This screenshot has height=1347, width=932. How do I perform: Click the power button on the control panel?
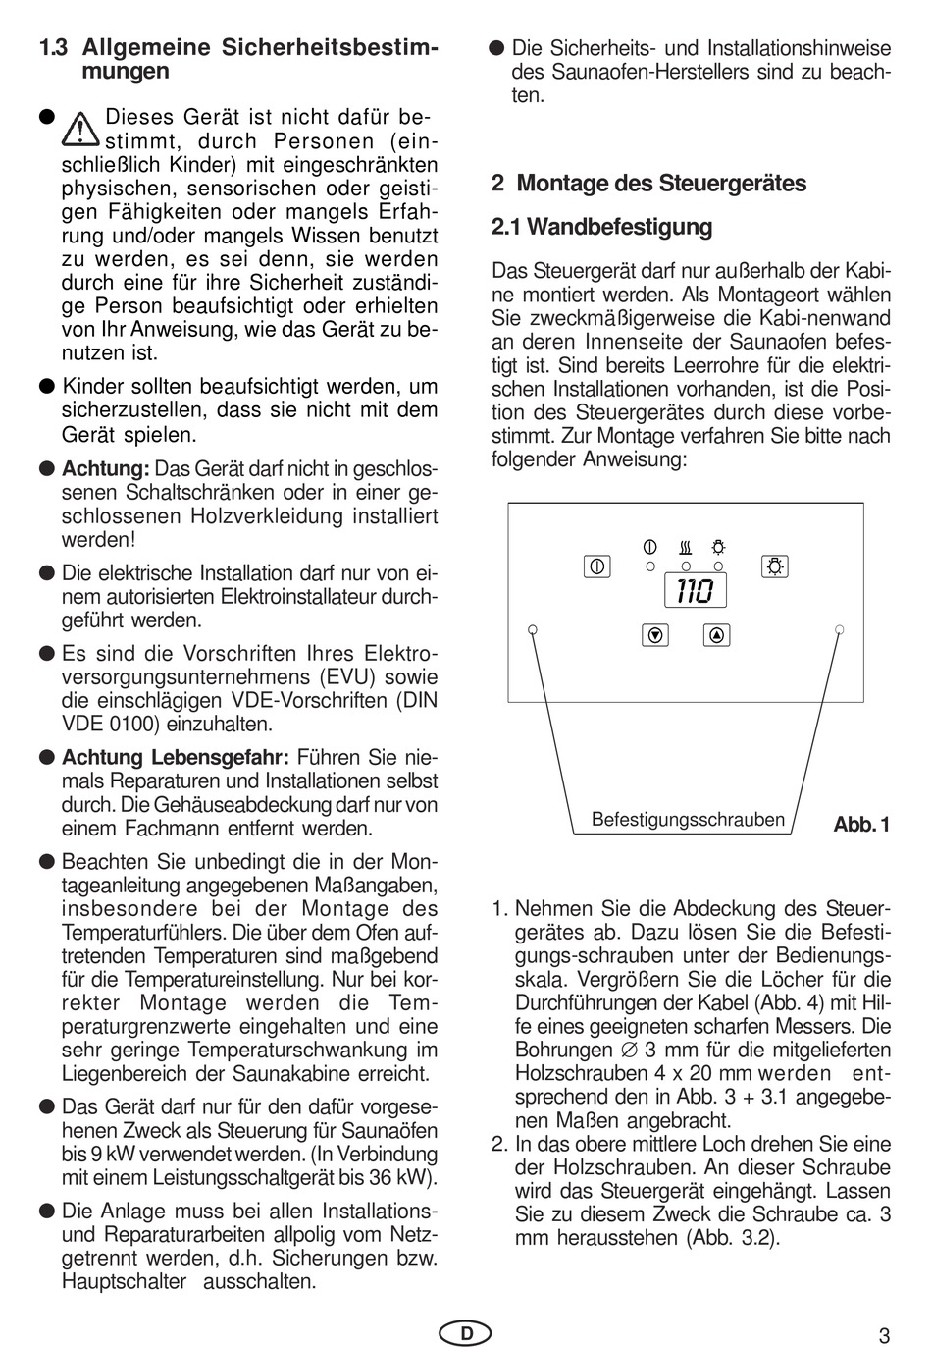596,566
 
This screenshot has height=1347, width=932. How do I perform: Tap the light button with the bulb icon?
775,566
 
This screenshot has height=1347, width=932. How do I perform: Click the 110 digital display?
695,591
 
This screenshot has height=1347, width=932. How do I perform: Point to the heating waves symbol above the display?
685,547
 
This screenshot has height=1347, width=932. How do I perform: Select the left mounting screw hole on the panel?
532,629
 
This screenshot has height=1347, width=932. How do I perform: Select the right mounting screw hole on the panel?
840,629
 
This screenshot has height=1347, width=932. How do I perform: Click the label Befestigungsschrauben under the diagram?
688,820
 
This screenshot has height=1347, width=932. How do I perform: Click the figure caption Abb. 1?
860,825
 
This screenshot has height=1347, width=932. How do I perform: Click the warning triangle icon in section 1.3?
80,127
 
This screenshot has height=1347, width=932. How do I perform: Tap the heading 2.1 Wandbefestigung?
601,227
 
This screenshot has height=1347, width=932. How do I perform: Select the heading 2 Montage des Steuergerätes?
648,184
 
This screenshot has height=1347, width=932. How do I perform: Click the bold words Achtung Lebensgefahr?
176,758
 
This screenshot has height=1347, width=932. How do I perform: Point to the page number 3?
884,1335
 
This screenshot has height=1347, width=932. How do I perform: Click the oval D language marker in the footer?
466,1333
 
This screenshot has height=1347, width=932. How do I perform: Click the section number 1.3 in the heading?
53,48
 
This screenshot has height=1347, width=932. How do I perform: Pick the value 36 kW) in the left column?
399,1178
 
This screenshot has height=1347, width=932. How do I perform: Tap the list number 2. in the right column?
499,1145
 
